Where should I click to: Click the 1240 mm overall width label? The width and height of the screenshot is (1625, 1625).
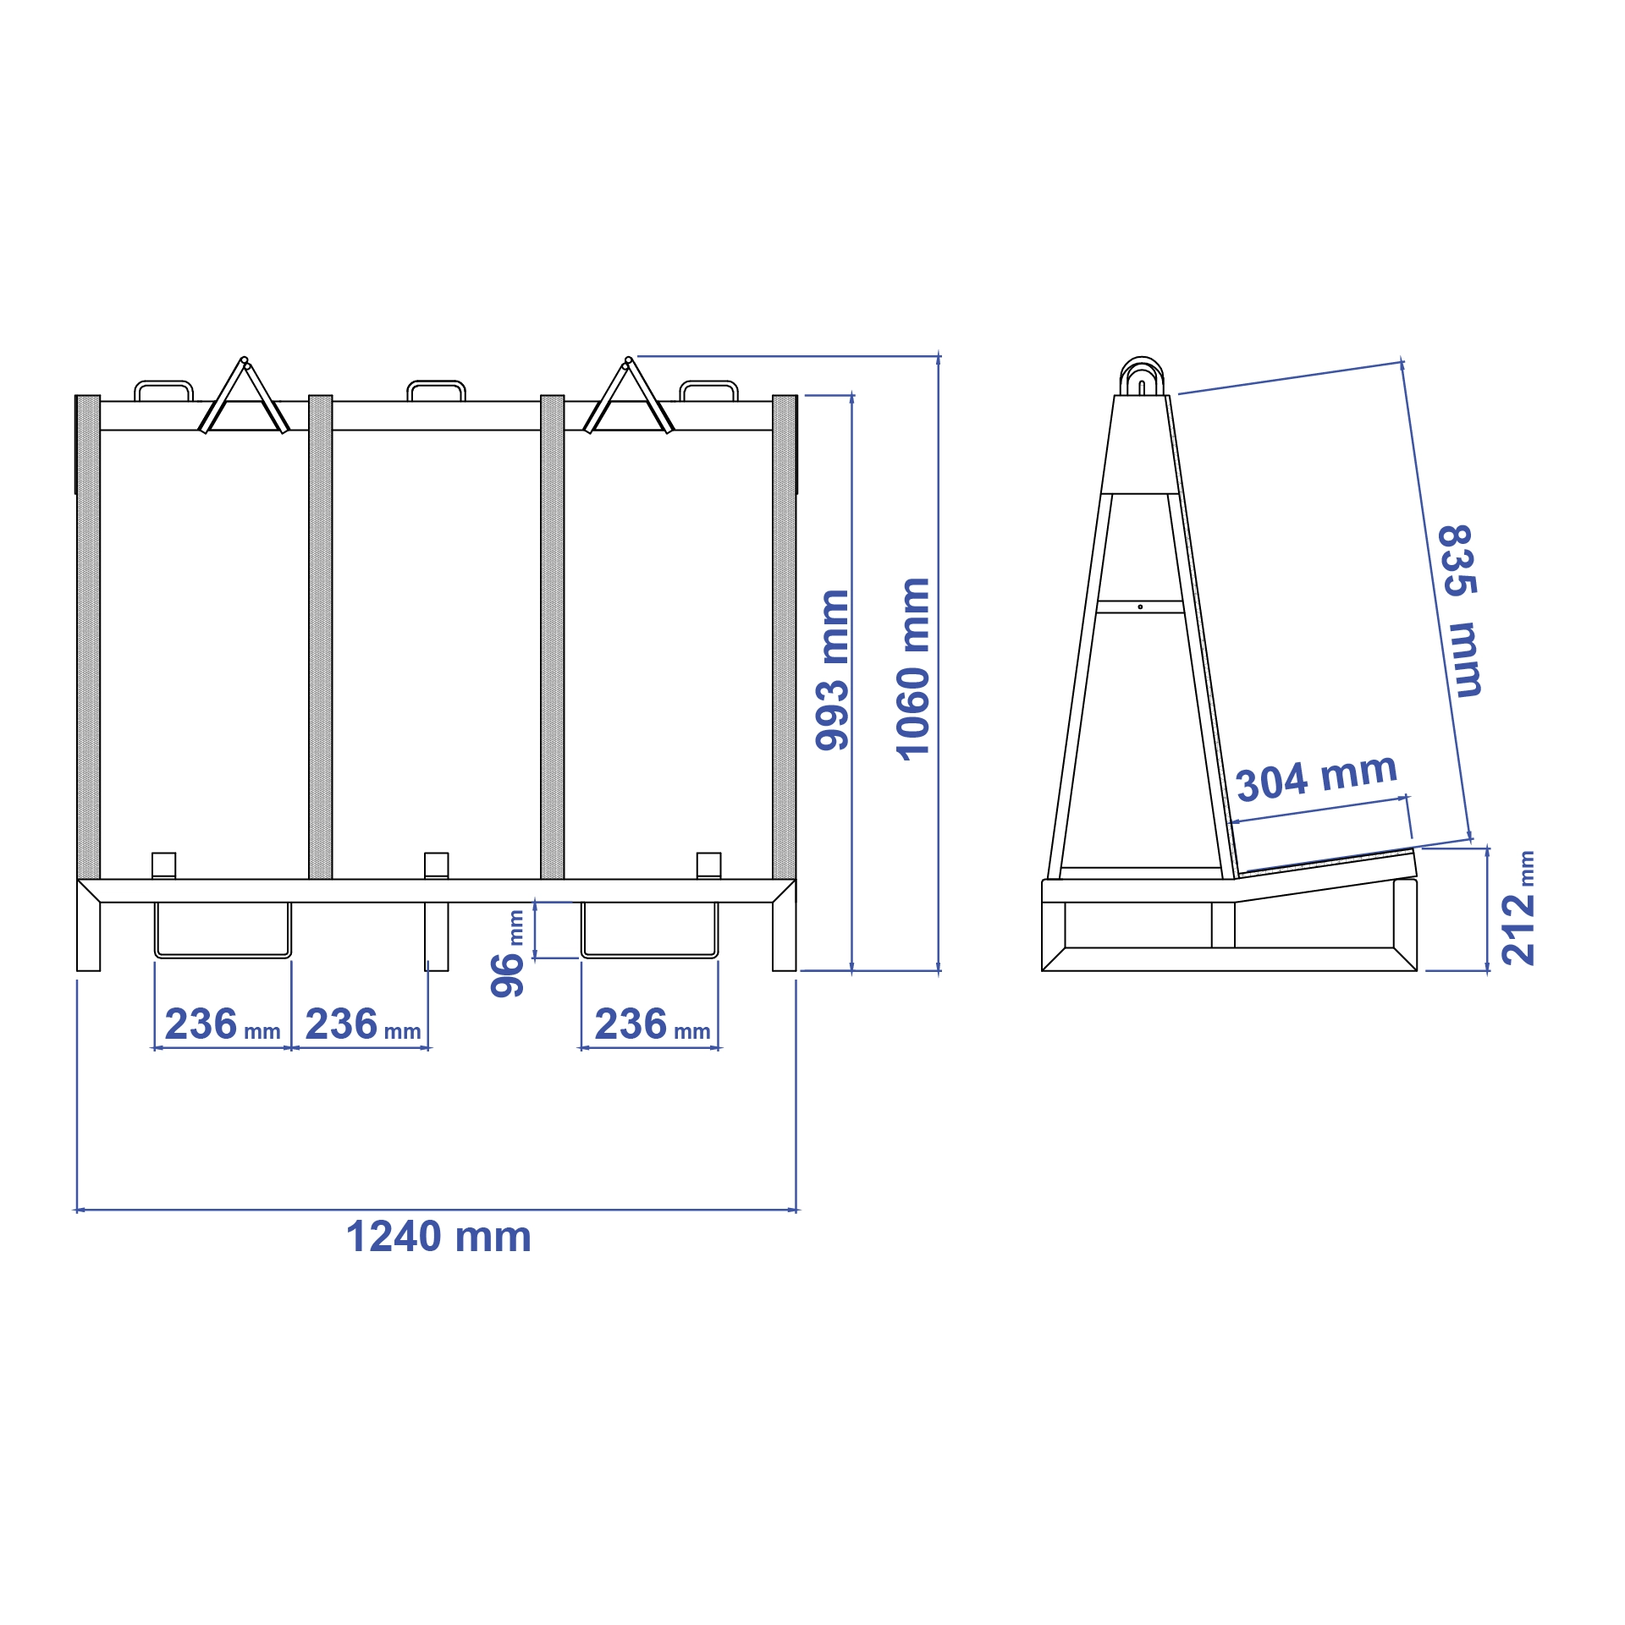438,1237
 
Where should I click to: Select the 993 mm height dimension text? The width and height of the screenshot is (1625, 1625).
832,670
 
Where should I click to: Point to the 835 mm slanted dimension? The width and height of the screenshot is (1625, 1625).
1461,611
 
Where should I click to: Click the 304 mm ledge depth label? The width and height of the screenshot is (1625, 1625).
1317,777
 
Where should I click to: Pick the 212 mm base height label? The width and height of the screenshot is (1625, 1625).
1518,909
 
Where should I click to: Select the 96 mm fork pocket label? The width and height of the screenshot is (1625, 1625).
508,954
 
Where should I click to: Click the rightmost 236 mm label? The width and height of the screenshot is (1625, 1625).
652,1024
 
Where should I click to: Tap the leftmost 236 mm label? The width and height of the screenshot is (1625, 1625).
223,1024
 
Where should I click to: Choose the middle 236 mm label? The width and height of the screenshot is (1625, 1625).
363,1024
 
